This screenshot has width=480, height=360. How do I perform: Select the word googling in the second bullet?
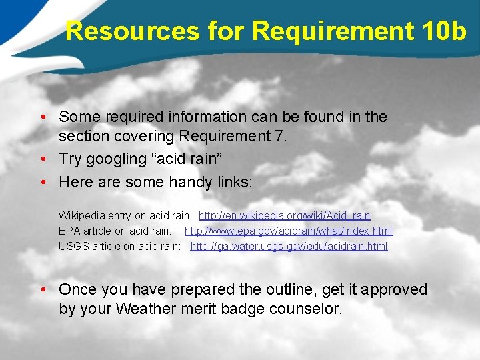[x=114, y=159]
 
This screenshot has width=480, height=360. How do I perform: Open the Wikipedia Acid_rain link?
[x=285, y=216]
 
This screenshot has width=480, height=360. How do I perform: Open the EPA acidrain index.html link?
[x=289, y=231]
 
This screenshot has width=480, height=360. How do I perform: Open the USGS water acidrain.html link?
[x=289, y=247]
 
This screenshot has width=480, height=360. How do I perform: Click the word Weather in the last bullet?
[x=141, y=309]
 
